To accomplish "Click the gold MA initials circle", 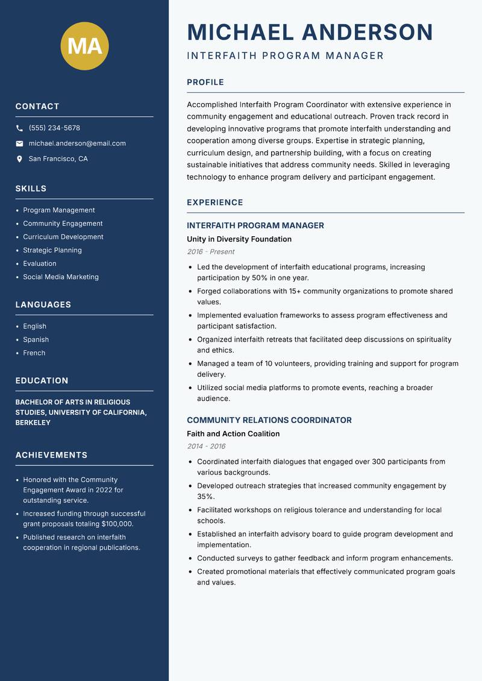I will click(85, 46).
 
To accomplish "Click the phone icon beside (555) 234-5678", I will click(19, 128).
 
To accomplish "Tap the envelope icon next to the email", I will click(19, 143).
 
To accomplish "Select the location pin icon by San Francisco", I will click(19, 159).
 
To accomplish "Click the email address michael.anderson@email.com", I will click(77, 143).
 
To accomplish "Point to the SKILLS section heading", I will click(31, 189).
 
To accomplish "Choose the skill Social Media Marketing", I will click(61, 277).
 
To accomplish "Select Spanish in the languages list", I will click(36, 340).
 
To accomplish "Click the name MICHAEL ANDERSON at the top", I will click(310, 32).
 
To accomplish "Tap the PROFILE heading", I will click(205, 83).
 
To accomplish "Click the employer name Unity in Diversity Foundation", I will click(239, 239).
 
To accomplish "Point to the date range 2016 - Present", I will click(210, 252).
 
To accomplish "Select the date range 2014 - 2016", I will click(206, 447).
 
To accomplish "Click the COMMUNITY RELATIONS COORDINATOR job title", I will click(269, 420).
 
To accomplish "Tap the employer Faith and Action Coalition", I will click(233, 434).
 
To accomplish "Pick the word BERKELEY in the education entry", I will click(33, 423).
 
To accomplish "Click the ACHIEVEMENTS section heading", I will click(51, 455).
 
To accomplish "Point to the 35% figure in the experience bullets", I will click(205, 497).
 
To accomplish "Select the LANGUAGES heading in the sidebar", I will click(43, 305).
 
